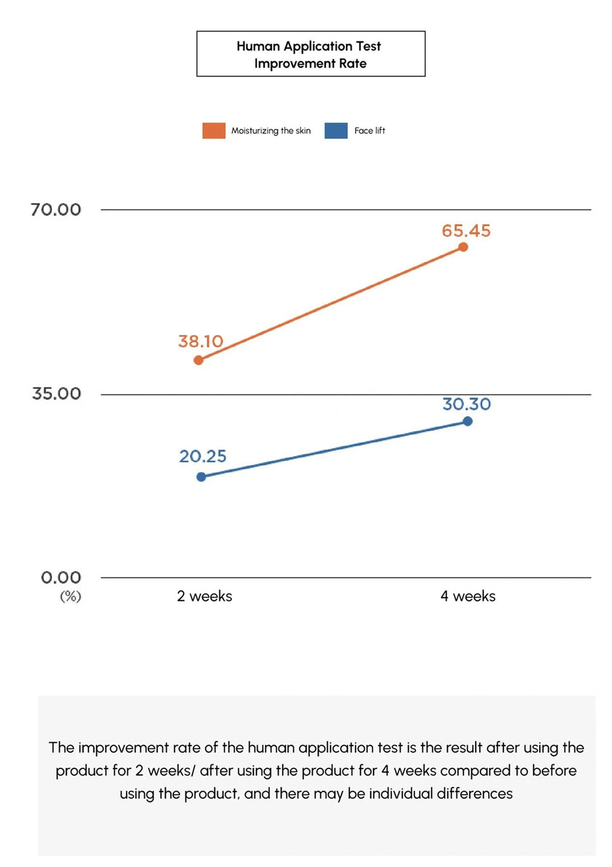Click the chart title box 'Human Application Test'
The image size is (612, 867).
pos(310,54)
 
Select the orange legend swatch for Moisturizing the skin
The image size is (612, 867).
pos(214,130)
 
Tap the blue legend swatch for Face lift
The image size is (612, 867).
pos(336,130)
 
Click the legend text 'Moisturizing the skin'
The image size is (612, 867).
pos(271,131)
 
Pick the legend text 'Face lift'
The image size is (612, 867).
pos(369,131)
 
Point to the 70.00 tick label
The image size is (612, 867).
pos(56,210)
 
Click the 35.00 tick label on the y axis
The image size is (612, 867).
pos(56,394)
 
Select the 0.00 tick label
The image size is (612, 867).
pos(60,578)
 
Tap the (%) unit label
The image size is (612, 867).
pos(70,596)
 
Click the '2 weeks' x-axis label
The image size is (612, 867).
pos(204,596)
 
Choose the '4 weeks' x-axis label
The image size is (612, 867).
pos(468,596)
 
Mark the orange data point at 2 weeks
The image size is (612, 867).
pos(198,360)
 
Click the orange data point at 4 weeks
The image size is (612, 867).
pos(463,247)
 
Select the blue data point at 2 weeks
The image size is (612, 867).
pos(201,477)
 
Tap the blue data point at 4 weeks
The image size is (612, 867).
pos(468,421)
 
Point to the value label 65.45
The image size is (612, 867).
pos(466,231)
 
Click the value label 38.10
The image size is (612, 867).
pos(201,342)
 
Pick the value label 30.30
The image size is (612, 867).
pos(466,405)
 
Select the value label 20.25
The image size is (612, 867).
pos(203,457)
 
